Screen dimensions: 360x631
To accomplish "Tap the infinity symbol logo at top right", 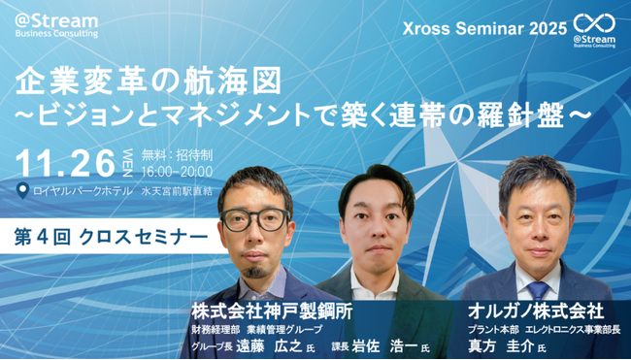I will [594, 24].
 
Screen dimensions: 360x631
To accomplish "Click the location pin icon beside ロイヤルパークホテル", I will [23, 190].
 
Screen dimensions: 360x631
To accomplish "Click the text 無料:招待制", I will [172, 153].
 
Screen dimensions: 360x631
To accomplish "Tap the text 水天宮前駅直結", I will [180, 191].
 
